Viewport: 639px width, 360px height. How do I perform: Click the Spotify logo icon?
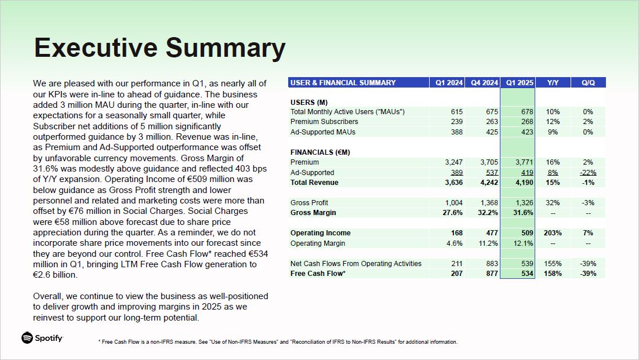pyautogui.click(x=27, y=338)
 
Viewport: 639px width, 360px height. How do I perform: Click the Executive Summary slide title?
pyautogui.click(x=159, y=48)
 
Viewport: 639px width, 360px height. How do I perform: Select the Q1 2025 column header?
pyautogui.click(x=519, y=83)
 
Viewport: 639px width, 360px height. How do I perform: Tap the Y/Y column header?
pyautogui.click(x=553, y=83)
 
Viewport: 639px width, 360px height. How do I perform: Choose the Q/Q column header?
pyautogui.click(x=588, y=83)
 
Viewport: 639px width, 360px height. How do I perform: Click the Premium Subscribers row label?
pyautogui.click(x=324, y=122)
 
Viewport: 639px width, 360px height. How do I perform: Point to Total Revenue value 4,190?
pyautogui.click(x=523, y=183)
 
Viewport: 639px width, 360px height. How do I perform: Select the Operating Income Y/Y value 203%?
pyautogui.click(x=553, y=233)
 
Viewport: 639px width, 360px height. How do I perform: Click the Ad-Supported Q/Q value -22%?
pyautogui.click(x=588, y=173)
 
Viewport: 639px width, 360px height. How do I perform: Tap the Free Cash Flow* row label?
pyautogui.click(x=318, y=274)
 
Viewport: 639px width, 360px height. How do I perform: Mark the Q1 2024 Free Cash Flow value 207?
pyautogui.click(x=456, y=274)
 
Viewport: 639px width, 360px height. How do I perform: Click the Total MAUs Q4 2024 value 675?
pyautogui.click(x=492, y=112)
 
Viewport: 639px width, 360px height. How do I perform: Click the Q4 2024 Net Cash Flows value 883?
pyautogui.click(x=492, y=264)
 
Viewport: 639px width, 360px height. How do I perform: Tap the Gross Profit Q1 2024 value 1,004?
pyautogui.click(x=454, y=203)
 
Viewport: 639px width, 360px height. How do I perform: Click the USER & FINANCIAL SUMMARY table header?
pyautogui.click(x=343, y=83)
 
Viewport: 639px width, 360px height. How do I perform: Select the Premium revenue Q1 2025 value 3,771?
pyautogui.click(x=523, y=162)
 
